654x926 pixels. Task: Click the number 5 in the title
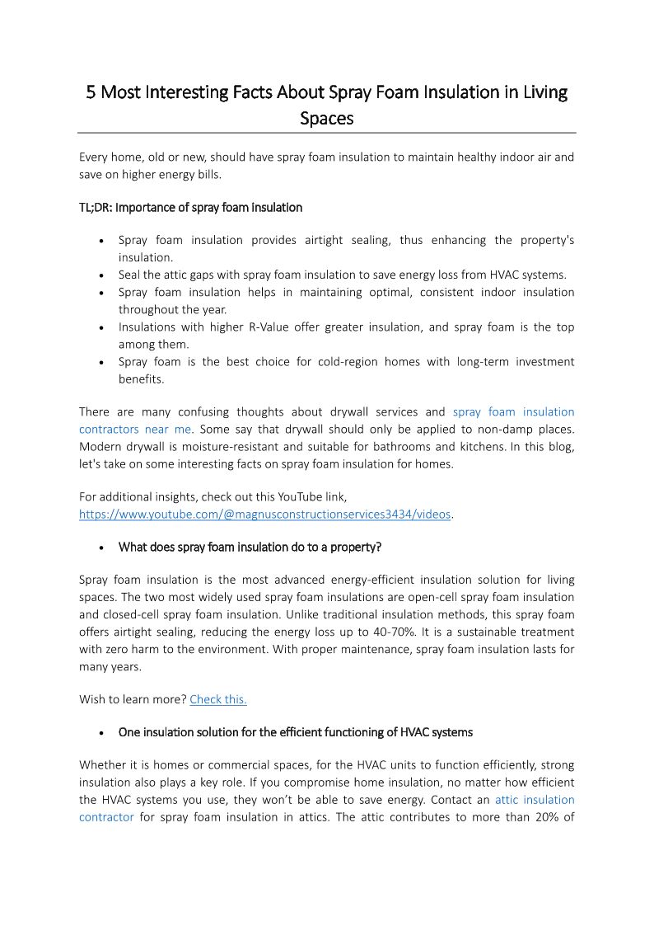click(x=91, y=92)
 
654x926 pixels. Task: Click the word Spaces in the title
click(x=326, y=118)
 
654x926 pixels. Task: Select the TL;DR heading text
click(x=190, y=207)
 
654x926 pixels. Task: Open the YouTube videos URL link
click(x=264, y=514)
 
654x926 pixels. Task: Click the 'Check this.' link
click(x=218, y=699)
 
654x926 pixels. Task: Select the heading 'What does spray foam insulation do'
click(x=250, y=547)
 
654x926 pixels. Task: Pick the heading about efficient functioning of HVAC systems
click(x=295, y=732)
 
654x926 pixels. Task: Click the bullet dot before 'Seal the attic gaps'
click(x=100, y=275)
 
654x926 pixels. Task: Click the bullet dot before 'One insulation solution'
click(x=100, y=733)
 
